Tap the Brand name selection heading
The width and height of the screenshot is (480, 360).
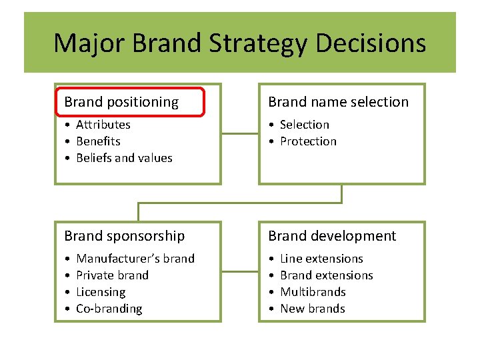(338, 102)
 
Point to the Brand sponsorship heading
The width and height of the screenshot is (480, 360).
(124, 236)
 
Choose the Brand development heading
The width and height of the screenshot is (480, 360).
(332, 236)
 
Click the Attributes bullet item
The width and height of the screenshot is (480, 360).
(103, 125)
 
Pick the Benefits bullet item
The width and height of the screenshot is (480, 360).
(98, 141)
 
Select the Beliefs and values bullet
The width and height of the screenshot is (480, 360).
(124, 158)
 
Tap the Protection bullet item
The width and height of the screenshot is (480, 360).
(308, 141)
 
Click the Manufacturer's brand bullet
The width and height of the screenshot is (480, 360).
(135, 259)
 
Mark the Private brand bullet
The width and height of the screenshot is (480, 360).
(112, 275)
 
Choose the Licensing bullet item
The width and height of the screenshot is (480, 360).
(101, 292)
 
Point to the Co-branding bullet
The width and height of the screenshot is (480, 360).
(109, 309)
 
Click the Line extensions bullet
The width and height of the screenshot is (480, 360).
(321, 259)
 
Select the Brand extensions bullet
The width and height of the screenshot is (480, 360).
(326, 275)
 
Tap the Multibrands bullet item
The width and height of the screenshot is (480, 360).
(313, 292)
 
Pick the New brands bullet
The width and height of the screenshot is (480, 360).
(312, 309)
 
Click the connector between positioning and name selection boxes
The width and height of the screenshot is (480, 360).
(239, 133)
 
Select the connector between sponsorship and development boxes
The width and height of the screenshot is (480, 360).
(239, 271)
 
